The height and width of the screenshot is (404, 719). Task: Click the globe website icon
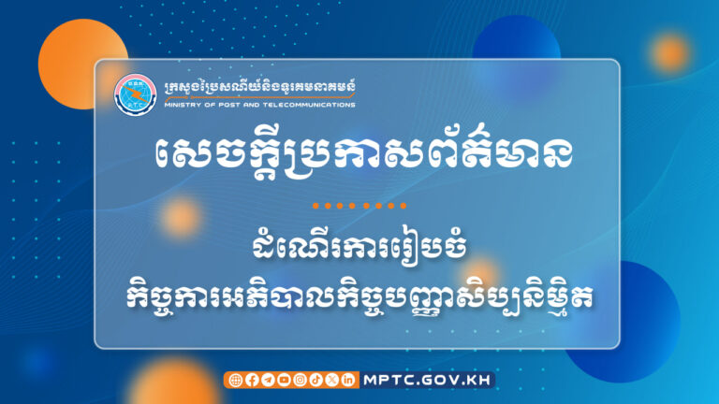point(235,380)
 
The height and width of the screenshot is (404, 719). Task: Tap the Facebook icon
point(251,380)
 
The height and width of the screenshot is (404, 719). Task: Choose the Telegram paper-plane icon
point(267,380)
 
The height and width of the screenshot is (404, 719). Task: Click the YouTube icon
point(283,380)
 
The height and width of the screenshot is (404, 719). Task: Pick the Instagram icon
point(300,380)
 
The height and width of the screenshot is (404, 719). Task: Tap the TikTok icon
point(315,380)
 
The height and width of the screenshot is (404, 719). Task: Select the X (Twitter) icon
point(331,380)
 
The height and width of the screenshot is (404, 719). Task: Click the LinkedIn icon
point(348,380)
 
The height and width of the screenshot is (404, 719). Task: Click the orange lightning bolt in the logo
point(134,94)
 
